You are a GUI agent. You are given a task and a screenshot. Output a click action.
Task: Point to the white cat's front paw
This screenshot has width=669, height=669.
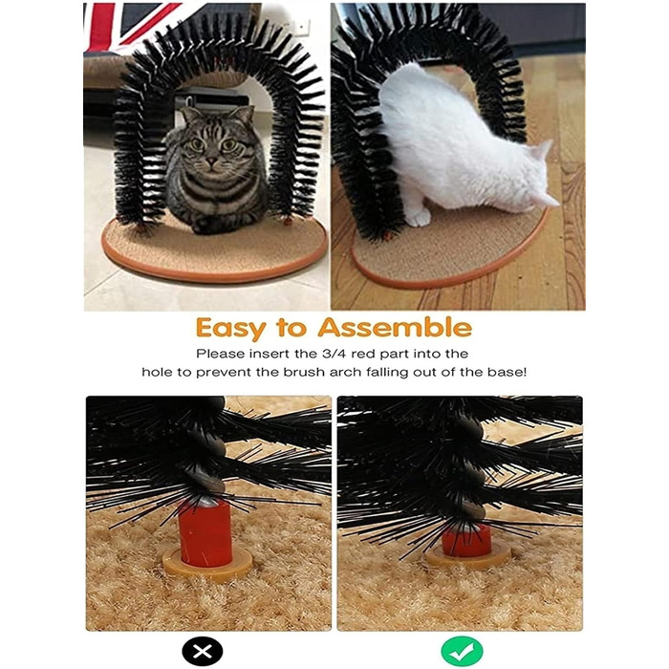point(418,217)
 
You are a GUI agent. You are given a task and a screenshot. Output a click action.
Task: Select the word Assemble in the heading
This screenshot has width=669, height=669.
point(395,327)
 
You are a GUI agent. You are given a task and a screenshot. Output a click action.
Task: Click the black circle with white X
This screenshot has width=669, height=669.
point(203,651)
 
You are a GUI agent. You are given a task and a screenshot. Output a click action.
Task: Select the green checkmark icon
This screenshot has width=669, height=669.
point(462,651)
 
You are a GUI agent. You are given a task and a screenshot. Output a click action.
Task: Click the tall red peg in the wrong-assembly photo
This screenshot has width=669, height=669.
point(205,534)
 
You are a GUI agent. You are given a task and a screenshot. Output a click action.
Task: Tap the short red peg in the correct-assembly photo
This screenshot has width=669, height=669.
point(466,541)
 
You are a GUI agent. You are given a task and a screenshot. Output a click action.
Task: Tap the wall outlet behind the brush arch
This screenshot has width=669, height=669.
point(302,28)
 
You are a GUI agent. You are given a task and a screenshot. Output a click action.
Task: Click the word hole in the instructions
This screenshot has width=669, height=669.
point(158,372)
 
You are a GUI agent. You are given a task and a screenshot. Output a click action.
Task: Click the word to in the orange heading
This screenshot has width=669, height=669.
point(291,328)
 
